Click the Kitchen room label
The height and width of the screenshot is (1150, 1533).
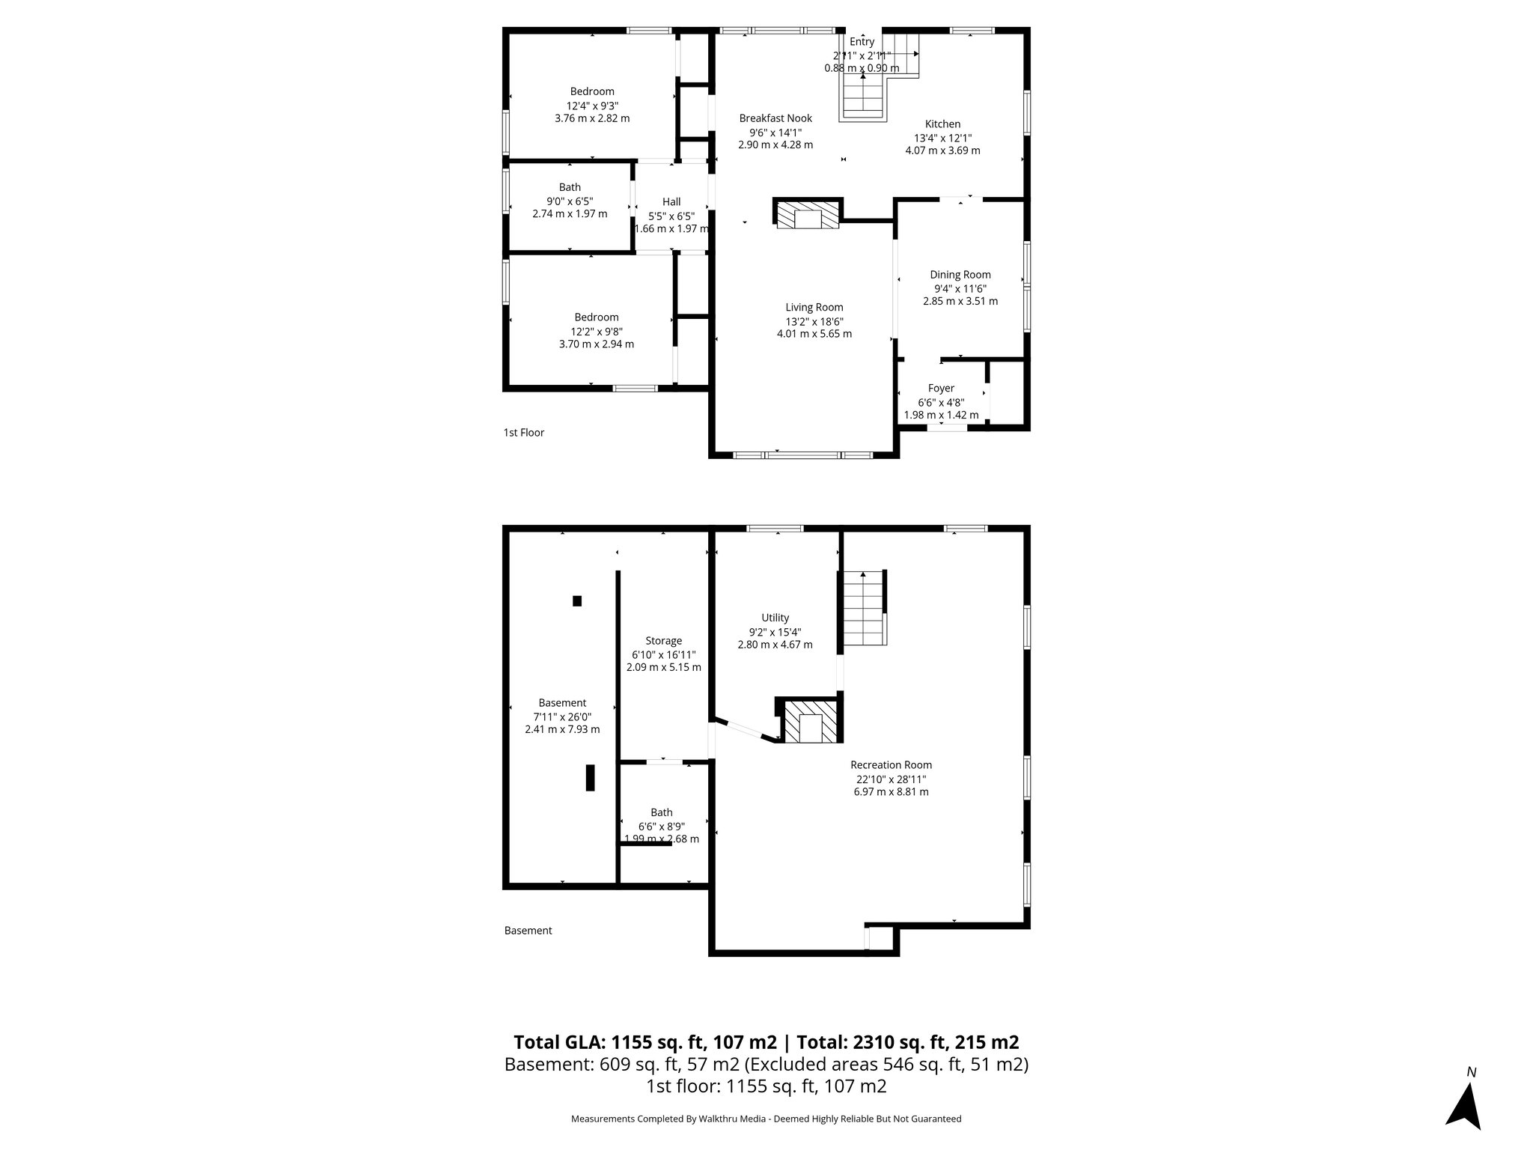942,124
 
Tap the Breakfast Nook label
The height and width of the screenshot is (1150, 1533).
775,118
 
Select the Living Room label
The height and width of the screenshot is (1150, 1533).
814,307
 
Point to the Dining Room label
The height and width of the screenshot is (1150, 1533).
960,275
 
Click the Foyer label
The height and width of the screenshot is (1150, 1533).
941,389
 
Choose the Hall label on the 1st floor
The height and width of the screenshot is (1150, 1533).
671,201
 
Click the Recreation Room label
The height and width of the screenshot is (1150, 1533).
891,764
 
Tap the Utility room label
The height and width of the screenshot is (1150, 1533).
775,618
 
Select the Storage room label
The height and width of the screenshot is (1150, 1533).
663,641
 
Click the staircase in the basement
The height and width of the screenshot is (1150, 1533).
864,608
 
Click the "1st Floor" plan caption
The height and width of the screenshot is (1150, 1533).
523,433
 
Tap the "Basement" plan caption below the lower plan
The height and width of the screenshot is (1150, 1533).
528,931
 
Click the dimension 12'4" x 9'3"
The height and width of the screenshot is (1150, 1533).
592,106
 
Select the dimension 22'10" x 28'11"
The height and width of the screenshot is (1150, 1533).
891,779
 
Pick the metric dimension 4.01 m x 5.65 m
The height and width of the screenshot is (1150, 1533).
814,334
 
